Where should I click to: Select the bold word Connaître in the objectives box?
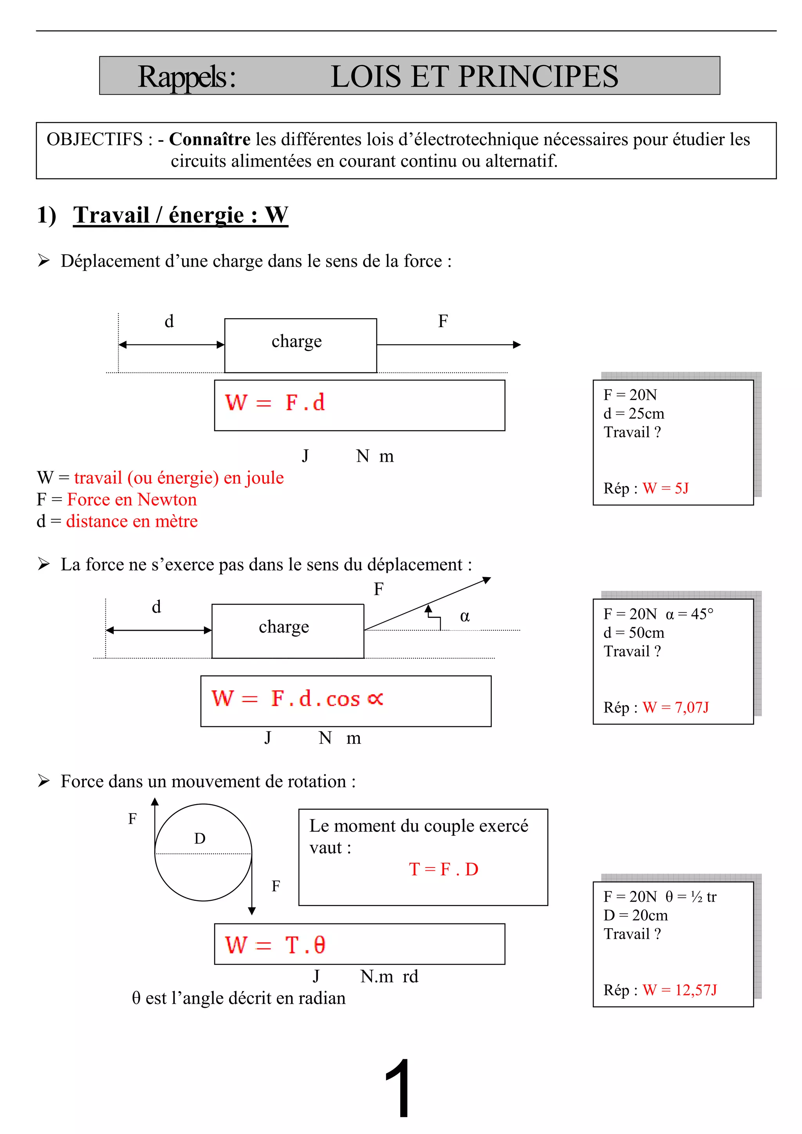click(x=210, y=139)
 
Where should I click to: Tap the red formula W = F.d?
click(x=275, y=403)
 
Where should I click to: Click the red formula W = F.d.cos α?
click(x=297, y=698)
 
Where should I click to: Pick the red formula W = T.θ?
click(x=275, y=945)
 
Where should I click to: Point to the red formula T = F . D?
click(x=443, y=869)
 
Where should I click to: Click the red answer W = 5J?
click(x=665, y=488)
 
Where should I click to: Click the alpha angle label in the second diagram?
click(x=464, y=616)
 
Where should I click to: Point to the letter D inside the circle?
click(x=200, y=838)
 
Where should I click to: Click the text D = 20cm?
click(x=636, y=915)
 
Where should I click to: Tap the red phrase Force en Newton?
click(x=132, y=499)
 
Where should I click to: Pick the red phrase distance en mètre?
click(x=132, y=521)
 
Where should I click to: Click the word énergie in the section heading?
click(x=206, y=215)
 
